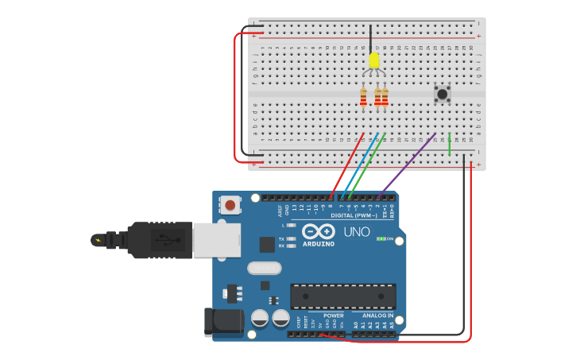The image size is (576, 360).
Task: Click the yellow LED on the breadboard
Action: point(374,60)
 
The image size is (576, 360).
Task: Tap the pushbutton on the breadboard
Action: point(442,94)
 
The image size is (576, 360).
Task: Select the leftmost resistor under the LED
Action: point(364,97)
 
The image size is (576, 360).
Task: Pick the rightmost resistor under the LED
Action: point(385,97)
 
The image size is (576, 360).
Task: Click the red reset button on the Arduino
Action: point(230,205)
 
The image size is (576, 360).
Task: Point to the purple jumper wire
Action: point(409,163)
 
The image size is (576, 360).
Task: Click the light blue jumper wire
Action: point(357,163)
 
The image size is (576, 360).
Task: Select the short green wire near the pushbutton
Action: point(449,144)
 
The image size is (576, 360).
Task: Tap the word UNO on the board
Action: point(357,232)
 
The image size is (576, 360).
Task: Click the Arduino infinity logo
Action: point(318,232)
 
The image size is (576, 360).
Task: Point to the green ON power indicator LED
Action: point(381,238)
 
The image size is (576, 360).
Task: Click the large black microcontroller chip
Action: point(342,296)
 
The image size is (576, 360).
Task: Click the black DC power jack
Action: point(223,322)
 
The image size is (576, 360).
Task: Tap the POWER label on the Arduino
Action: point(334,315)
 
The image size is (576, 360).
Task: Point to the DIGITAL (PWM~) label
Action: point(353,215)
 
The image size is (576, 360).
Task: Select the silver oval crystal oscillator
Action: point(264,268)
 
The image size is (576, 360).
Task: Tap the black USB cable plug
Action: point(159,239)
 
